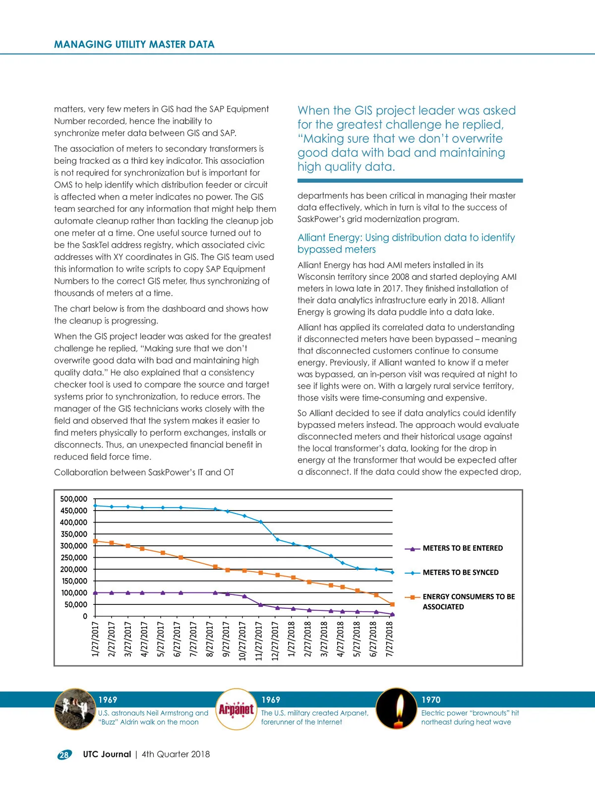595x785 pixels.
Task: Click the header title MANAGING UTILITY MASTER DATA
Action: (x=134, y=44)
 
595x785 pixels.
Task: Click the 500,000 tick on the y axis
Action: (x=73, y=499)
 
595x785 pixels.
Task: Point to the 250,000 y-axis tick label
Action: (x=73, y=558)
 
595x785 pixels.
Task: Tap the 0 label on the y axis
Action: (x=85, y=616)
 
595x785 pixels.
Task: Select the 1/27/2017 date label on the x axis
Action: (x=96, y=639)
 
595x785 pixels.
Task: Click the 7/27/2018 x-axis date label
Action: (x=390, y=639)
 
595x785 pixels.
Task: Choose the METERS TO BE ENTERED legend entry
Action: (x=462, y=548)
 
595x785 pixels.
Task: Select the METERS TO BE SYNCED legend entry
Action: (x=460, y=573)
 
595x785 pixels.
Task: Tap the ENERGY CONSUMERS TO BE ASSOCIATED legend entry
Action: (x=468, y=601)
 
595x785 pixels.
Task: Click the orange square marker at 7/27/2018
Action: (x=392, y=604)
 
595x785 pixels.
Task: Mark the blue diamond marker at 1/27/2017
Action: (x=95, y=506)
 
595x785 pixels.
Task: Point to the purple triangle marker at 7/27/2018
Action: (x=392, y=614)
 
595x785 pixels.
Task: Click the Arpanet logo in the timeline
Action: (x=237, y=709)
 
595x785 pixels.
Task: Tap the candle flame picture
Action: (x=396, y=709)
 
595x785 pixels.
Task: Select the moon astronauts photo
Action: (x=74, y=709)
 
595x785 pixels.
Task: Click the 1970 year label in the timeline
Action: (x=430, y=700)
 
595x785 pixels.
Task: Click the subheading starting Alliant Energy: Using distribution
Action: (x=406, y=243)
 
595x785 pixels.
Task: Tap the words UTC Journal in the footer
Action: (x=107, y=754)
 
